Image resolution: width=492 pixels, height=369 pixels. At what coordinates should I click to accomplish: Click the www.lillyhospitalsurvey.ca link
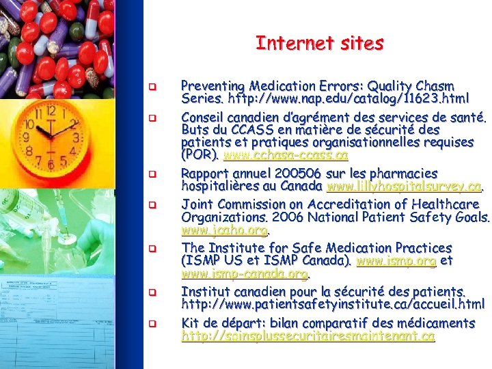[405, 187]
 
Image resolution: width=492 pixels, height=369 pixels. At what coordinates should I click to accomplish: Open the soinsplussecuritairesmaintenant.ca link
[307, 337]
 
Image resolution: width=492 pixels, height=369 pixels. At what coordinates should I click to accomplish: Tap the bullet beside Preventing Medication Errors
[154, 87]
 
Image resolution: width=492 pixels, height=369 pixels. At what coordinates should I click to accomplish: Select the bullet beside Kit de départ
[154, 323]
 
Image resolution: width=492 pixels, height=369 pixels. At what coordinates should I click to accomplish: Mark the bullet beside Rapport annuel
[154, 174]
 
